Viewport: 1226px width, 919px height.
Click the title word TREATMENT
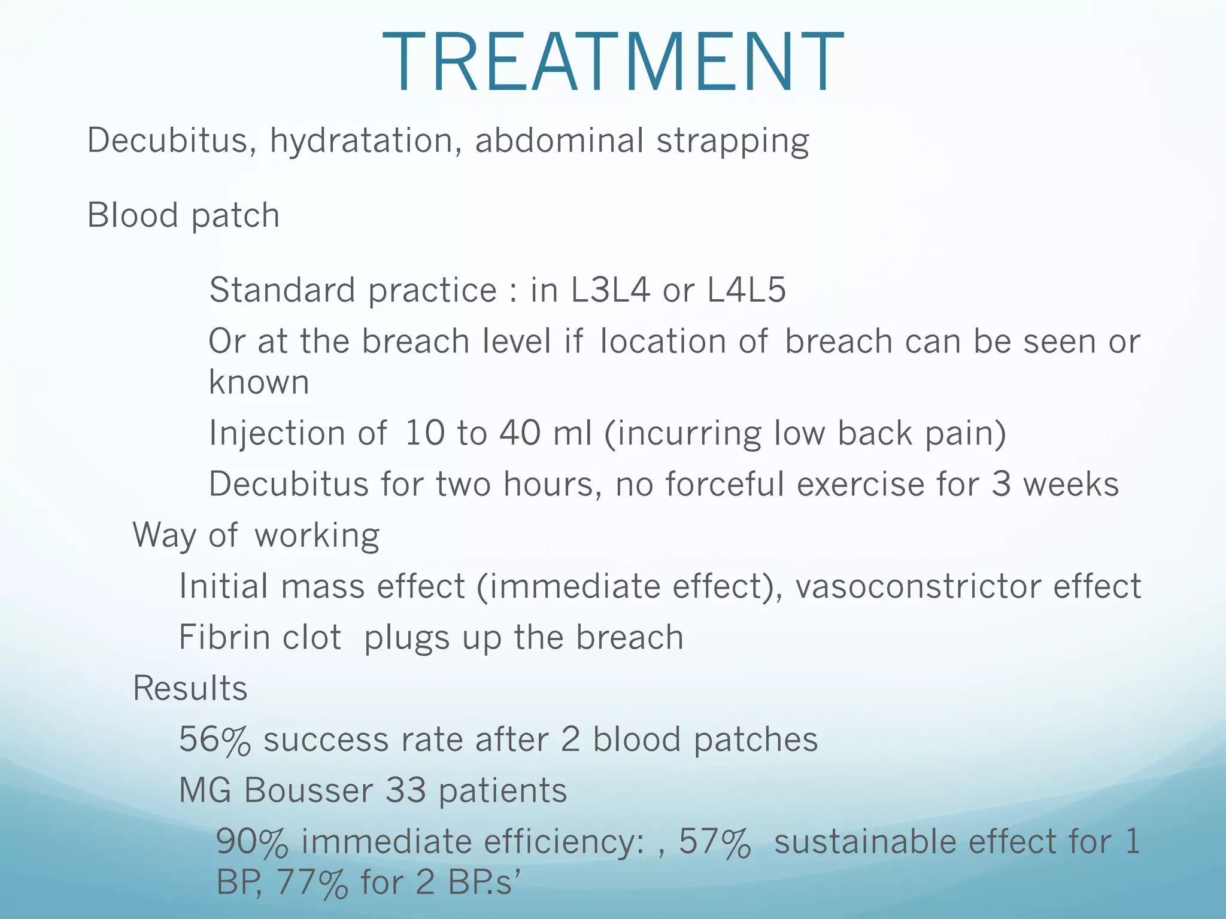[x=612, y=63]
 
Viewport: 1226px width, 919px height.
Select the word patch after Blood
[x=235, y=216]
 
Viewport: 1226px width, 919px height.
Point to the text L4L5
[x=746, y=290]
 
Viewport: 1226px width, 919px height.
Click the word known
[x=259, y=382]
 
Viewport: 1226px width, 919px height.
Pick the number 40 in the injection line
[x=520, y=433]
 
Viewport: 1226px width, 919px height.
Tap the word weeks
[x=1070, y=484]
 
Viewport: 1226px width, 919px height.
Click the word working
[x=317, y=536]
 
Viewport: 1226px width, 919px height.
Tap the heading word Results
[x=190, y=689]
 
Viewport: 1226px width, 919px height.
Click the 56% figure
[x=214, y=740]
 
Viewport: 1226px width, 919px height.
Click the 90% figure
[x=251, y=842]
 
